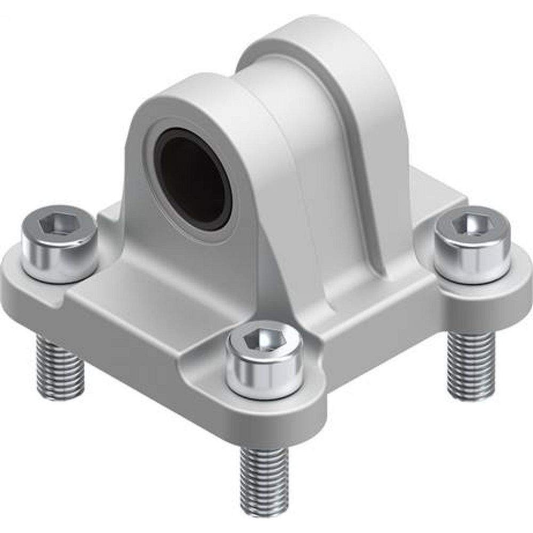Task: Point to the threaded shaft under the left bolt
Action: click(60, 368)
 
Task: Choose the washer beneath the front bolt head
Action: click(264, 394)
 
